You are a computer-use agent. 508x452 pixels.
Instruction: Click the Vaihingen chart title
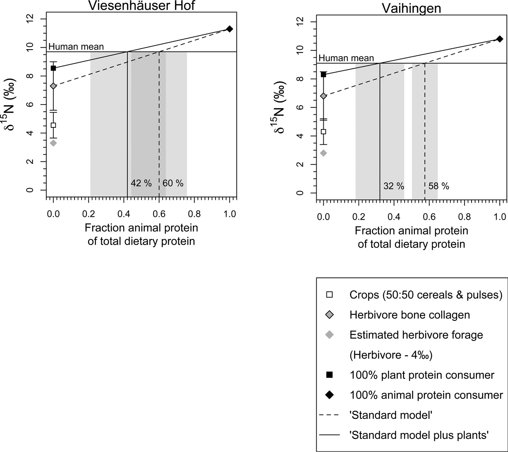pyautogui.click(x=411, y=8)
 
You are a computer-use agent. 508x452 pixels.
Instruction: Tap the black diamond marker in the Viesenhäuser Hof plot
pyautogui.click(x=229, y=29)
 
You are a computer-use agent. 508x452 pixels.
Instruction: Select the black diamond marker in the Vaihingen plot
pyautogui.click(x=499, y=39)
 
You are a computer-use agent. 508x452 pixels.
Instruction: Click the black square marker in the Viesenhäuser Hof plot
pyautogui.click(x=53, y=68)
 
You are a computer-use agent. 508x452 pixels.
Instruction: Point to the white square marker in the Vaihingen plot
pyautogui.click(x=323, y=132)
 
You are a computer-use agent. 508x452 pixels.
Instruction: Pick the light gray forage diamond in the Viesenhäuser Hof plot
pyautogui.click(x=53, y=143)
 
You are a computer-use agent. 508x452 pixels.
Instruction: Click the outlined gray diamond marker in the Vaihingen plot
pyautogui.click(x=323, y=96)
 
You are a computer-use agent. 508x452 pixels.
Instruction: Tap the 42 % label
pyautogui.click(x=141, y=183)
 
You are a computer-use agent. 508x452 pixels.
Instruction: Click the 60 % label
pyautogui.click(x=173, y=183)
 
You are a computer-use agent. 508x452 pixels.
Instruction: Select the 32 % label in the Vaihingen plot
pyautogui.click(x=394, y=186)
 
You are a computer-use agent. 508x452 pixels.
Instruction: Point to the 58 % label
pyautogui.click(x=439, y=186)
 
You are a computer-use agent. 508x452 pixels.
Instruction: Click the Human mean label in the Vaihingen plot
pyautogui.click(x=346, y=58)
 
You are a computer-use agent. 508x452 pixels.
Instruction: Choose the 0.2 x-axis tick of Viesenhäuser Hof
pyautogui.click(x=88, y=214)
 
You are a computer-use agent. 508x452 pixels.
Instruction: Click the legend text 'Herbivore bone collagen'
pyautogui.click(x=410, y=315)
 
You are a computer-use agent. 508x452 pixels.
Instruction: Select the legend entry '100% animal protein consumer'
pyautogui.click(x=426, y=395)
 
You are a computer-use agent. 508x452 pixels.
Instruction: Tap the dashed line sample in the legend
pyautogui.click(x=329, y=415)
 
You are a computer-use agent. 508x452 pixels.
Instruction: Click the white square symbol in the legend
pyautogui.click(x=329, y=295)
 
